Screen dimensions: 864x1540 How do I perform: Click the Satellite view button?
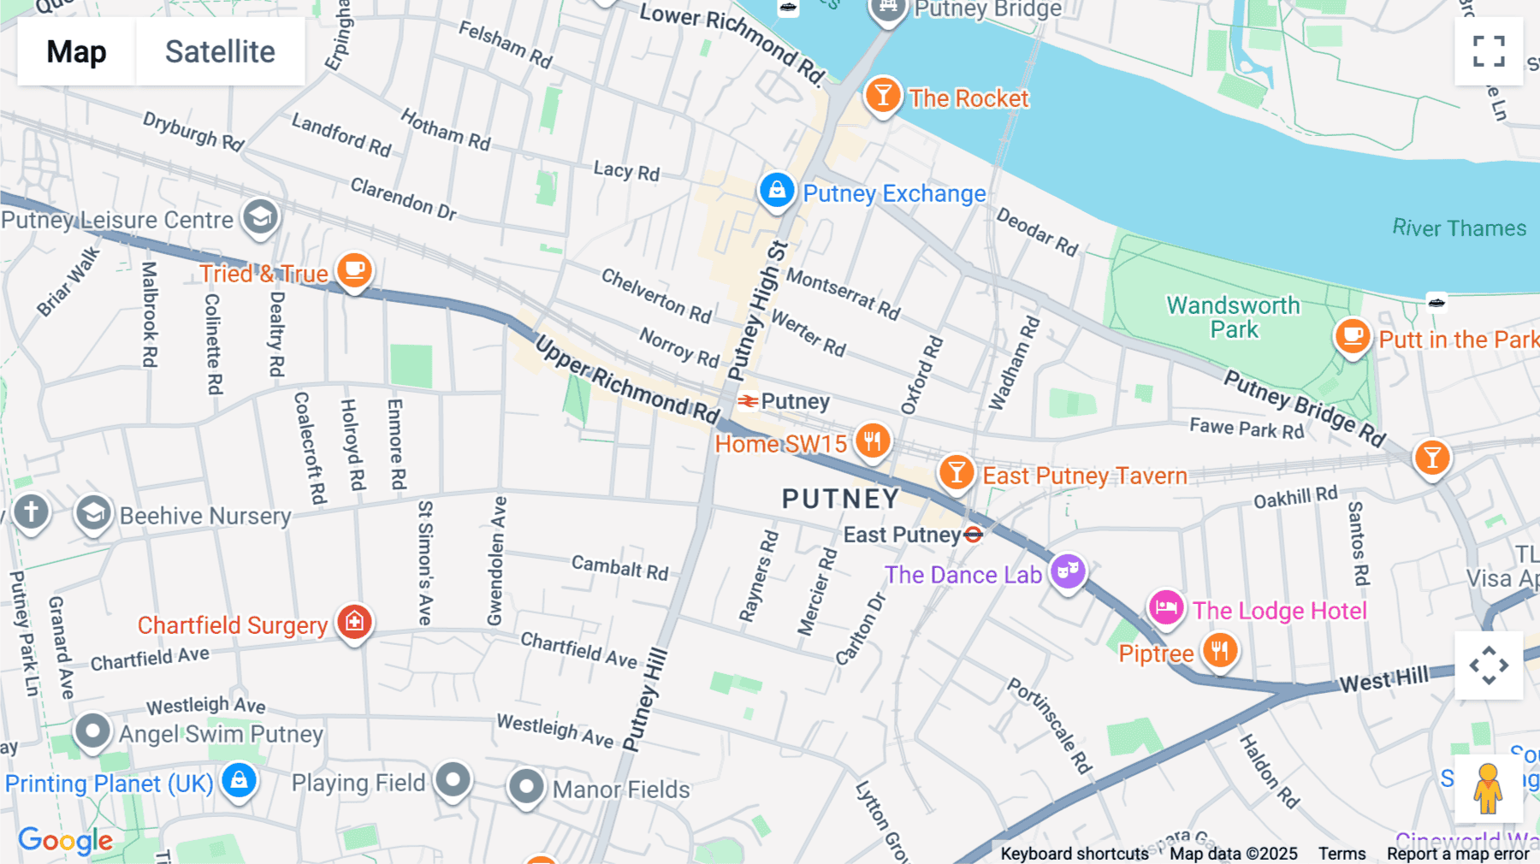pos(220,51)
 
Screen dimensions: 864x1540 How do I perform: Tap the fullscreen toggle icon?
pos(1489,51)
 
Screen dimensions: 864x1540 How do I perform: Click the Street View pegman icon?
pos(1488,788)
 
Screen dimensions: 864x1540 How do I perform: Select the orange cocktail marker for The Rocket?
pos(882,95)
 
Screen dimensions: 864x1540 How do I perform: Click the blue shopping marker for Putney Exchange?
pos(777,190)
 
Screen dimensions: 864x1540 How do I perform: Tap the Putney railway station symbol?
pos(748,401)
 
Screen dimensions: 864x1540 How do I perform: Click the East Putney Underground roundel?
pos(974,535)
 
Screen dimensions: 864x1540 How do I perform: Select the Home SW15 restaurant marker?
pos(873,441)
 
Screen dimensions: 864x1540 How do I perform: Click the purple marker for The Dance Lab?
pos(1068,571)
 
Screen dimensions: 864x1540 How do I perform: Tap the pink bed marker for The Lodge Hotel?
pos(1166,608)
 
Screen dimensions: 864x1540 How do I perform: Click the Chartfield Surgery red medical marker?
pos(354,622)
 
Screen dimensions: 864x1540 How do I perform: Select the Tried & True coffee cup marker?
pos(354,270)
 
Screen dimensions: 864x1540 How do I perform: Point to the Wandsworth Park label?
pos(1233,317)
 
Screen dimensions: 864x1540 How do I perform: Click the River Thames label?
pos(1459,228)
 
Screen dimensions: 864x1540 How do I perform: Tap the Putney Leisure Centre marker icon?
pos(260,217)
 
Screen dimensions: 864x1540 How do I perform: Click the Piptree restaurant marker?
pos(1220,651)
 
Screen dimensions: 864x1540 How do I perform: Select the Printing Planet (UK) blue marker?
pos(239,780)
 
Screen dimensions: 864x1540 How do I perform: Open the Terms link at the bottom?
pos(1342,853)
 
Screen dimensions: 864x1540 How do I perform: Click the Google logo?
pos(66,840)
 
